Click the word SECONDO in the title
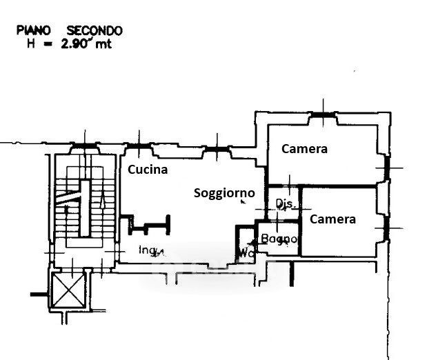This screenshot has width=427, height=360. [95, 31]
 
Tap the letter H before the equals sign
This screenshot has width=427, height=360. [29, 43]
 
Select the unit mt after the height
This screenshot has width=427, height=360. [100, 43]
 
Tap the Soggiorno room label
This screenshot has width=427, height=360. [224, 193]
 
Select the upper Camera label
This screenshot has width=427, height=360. [304, 148]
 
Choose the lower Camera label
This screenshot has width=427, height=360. [332, 219]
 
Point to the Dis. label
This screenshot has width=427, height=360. [285, 203]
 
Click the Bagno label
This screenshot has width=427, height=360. [279, 239]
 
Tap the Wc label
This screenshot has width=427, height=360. [245, 252]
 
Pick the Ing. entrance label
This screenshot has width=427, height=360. [151, 250]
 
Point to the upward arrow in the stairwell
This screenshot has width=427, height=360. [103, 201]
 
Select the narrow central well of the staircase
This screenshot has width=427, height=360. [85, 207]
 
